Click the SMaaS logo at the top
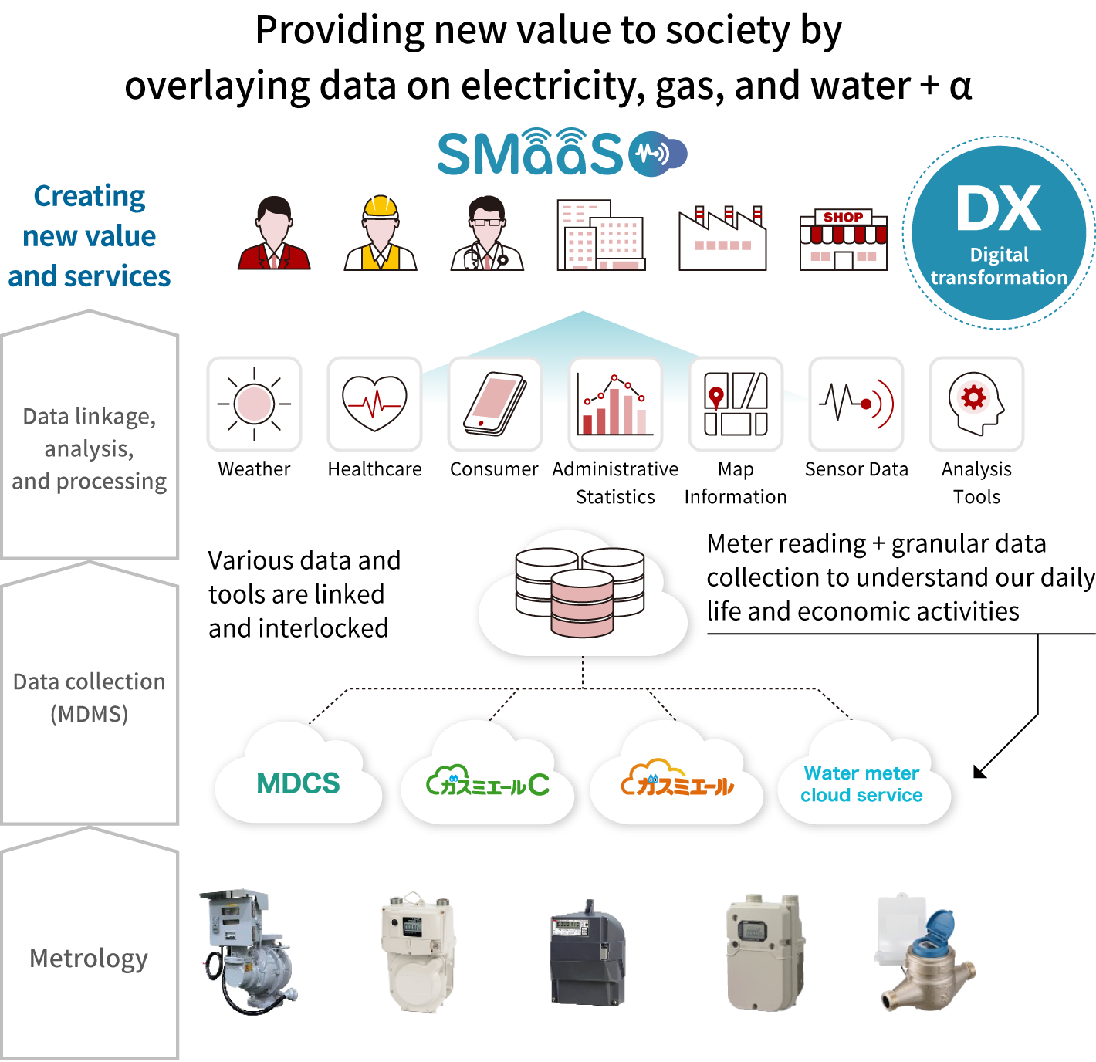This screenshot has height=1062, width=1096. tap(561, 153)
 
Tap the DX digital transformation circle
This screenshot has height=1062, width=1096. tap(999, 233)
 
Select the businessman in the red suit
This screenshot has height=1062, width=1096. tap(274, 233)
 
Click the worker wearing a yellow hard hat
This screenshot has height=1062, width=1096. tap(380, 233)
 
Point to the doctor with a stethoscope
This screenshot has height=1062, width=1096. tap(486, 233)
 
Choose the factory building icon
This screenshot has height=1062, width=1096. tap(722, 238)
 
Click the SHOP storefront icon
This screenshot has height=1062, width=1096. tap(843, 239)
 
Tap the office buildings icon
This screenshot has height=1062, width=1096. tap(600, 235)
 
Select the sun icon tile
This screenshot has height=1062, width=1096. tap(254, 404)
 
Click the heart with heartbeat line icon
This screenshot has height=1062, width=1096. tap(374, 404)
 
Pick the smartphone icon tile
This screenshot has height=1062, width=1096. tap(495, 404)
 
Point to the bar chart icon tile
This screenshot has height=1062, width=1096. tap(615, 404)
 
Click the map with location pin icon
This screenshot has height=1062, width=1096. tap(736, 404)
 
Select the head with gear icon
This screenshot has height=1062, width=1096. tap(976, 404)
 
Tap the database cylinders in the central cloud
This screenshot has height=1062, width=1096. tap(582, 592)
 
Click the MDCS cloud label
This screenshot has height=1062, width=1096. tap(298, 783)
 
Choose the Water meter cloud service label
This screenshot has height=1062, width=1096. tap(862, 784)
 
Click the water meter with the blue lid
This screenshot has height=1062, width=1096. tap(926, 953)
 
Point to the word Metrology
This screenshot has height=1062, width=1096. tap(89, 958)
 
